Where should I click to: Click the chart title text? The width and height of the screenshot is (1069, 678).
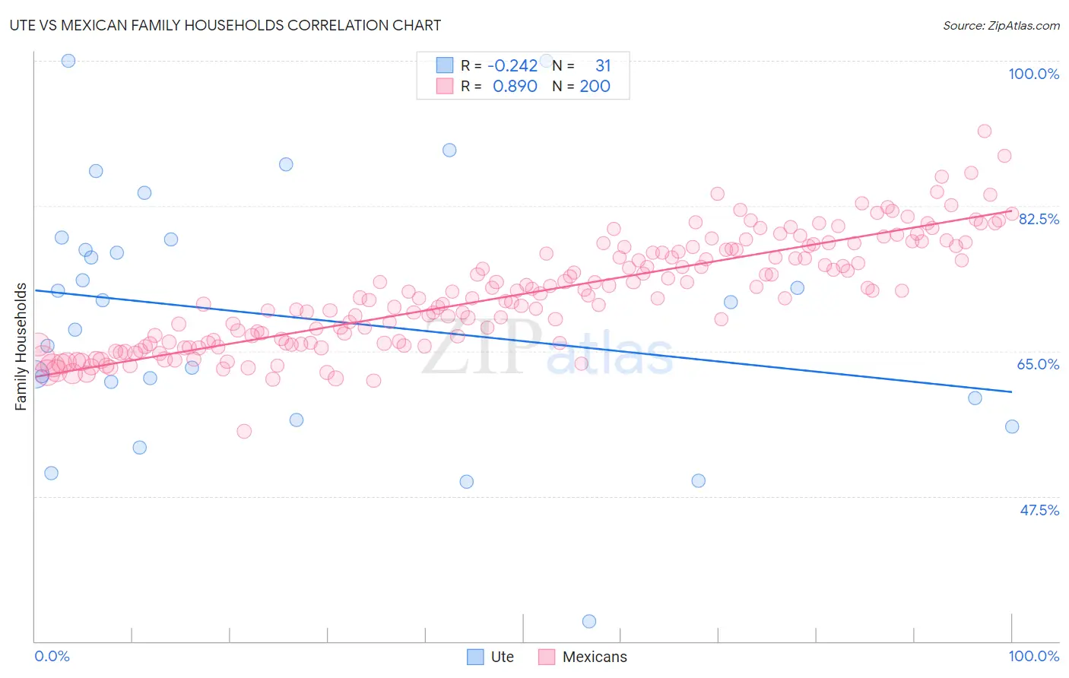225,25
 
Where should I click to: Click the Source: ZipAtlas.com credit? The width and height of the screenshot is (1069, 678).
1001,25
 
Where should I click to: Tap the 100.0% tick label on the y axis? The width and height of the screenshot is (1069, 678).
1033,74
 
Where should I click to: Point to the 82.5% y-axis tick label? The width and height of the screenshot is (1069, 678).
1039,219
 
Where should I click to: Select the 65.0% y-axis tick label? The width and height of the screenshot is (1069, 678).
1038,364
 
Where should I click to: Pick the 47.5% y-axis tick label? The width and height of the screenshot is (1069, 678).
1039,510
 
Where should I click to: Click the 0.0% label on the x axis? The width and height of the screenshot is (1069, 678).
52,656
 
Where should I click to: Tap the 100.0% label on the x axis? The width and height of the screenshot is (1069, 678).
1033,656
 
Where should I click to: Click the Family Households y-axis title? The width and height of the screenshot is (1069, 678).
21,347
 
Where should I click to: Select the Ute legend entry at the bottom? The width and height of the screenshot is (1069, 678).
502,657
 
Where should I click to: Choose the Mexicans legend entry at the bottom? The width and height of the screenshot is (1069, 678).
595,657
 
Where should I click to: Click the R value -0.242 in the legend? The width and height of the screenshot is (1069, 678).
512,66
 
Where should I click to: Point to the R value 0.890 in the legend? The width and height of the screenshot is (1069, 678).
515,87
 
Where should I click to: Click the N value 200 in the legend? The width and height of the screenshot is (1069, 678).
595,87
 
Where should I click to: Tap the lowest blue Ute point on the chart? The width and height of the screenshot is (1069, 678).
588,622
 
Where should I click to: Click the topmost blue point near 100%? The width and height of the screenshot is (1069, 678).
68,61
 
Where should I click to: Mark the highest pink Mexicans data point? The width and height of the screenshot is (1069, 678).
984,131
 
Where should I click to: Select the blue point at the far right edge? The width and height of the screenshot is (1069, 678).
1011,426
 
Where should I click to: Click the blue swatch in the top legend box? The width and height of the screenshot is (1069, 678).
444,66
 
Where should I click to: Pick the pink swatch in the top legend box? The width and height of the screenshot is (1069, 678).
444,87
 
